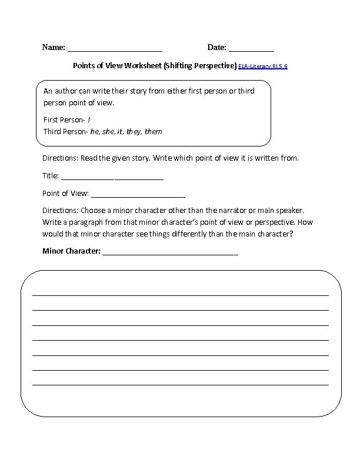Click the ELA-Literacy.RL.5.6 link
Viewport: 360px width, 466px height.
263,67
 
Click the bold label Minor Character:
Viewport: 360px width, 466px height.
72,252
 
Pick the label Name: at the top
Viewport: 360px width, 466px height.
54,47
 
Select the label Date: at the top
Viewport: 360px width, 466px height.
216,47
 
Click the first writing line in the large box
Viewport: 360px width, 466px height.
180,294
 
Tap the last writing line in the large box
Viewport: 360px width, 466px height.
180,384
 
